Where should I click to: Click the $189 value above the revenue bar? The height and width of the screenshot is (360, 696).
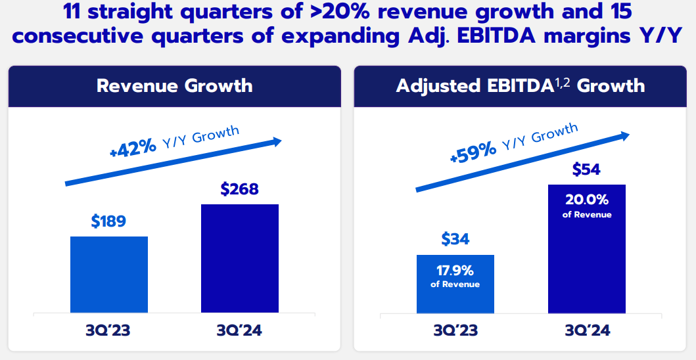(108, 221)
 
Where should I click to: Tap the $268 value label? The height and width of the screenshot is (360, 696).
(239, 189)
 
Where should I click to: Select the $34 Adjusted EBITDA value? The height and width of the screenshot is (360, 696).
(455, 239)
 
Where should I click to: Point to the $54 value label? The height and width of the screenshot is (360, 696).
(586, 169)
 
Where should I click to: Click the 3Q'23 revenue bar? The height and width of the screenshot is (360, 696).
(108, 276)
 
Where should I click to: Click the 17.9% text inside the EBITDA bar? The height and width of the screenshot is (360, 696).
(455, 270)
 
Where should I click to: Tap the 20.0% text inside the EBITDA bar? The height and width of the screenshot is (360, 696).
(586, 200)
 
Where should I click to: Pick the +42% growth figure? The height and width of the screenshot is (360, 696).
(133, 148)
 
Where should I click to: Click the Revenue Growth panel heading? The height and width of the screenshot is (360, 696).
(174, 86)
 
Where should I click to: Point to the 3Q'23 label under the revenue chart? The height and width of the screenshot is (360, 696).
(108, 330)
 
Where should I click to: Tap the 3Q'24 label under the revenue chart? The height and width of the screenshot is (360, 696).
(239, 330)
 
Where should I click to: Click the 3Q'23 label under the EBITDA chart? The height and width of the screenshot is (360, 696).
(455, 330)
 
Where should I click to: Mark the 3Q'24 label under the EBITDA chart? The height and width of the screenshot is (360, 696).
(586, 330)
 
